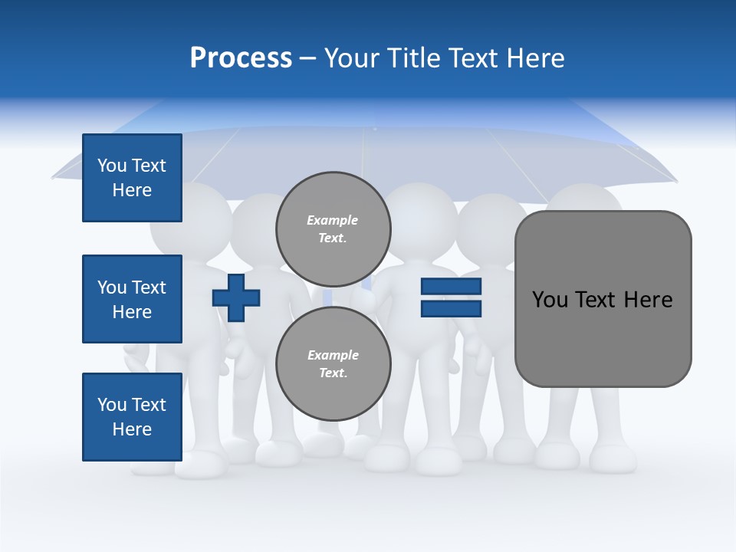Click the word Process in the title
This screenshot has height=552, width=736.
tap(241, 58)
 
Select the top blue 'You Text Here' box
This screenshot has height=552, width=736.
tap(132, 178)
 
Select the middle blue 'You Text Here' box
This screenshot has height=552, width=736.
tap(132, 299)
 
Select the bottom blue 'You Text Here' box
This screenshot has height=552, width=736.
tap(132, 416)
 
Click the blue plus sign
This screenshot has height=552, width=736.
tap(236, 297)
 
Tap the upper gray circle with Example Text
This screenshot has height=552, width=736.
tap(333, 228)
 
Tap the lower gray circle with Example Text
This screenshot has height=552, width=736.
tap(333, 363)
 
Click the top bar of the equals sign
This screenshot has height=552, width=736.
tap(451, 287)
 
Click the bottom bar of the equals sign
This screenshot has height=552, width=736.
tap(451, 308)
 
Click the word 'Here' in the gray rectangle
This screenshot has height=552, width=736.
tap(648, 299)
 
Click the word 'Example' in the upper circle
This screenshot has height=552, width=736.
tap(333, 220)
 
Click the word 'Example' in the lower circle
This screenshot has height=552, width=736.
tap(333, 355)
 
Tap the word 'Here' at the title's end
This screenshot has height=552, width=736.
tap(537, 58)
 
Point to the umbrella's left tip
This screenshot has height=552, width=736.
tap(54, 176)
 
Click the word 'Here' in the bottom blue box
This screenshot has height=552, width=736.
tap(132, 429)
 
